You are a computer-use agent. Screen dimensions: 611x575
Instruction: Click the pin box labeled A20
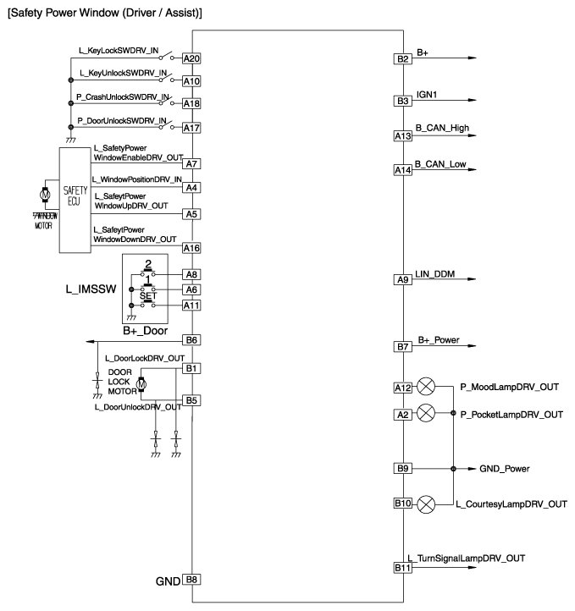191,59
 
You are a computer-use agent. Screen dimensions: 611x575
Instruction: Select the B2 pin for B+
402,59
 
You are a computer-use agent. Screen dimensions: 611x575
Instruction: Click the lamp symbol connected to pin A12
427,388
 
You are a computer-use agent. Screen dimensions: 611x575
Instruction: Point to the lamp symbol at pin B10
427,504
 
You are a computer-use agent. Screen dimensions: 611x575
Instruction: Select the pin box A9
402,279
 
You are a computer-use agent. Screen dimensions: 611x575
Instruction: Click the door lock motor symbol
141,385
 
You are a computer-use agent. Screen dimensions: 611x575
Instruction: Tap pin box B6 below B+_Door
191,340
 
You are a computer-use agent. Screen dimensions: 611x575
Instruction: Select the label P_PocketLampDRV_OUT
511,415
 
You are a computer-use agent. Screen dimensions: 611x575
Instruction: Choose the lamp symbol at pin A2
427,412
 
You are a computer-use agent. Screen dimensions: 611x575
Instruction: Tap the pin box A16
191,248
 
